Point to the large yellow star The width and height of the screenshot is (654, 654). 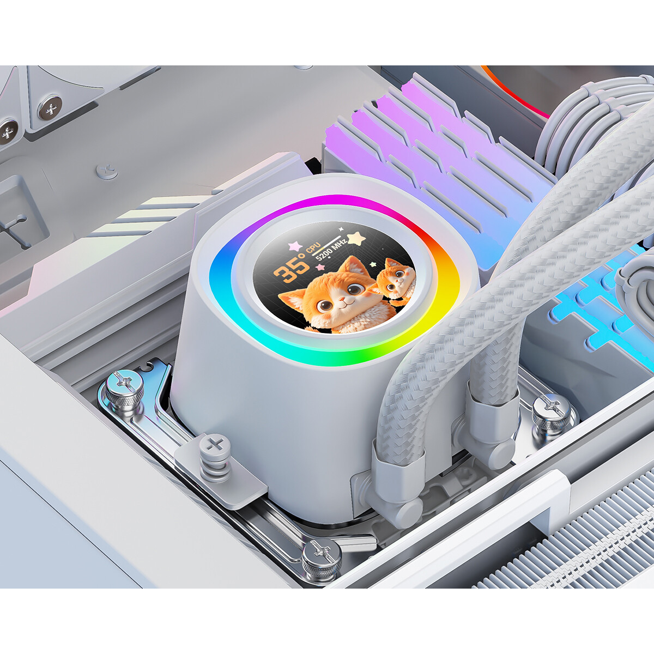[x=356, y=238]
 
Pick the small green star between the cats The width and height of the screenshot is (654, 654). [x=373, y=264]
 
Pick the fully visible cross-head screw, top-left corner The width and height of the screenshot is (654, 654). [x=50, y=107]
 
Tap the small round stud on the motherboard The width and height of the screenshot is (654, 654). [x=107, y=171]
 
